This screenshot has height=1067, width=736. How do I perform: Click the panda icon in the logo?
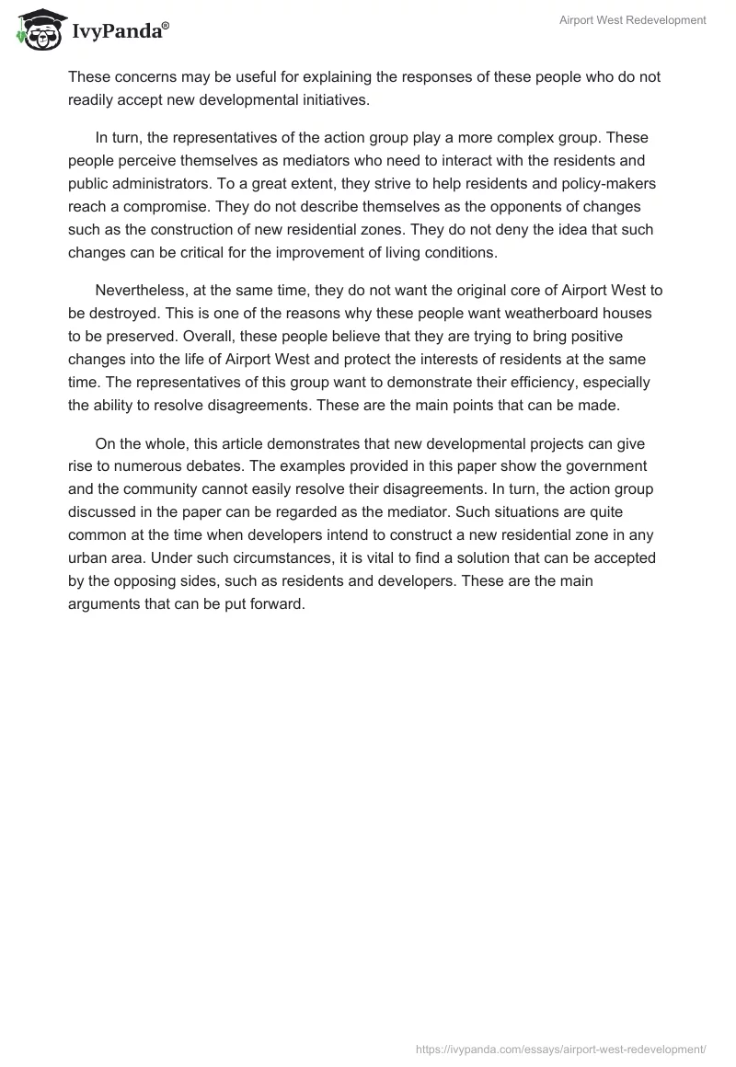(36, 30)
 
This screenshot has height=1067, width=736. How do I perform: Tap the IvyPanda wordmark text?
(119, 32)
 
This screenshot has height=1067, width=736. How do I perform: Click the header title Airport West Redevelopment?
(633, 19)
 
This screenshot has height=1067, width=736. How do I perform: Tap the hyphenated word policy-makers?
(610, 183)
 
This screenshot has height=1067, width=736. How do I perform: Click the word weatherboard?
(530, 312)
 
